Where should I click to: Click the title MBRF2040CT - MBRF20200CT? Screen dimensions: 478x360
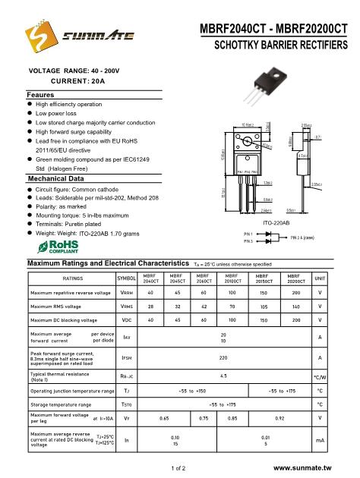274,29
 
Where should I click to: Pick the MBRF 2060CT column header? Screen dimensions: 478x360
203,278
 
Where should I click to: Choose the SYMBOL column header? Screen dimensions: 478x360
126,278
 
